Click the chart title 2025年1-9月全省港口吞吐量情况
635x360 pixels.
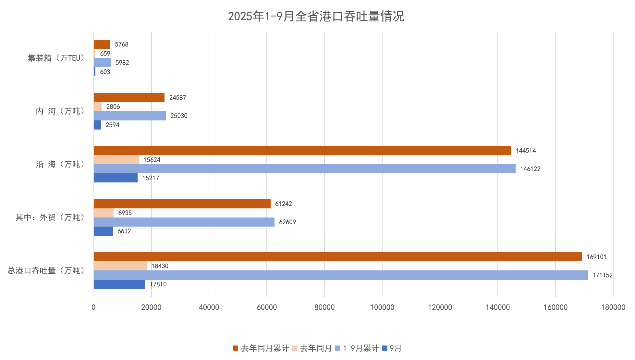tap(316, 16)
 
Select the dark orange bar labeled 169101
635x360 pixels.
tap(337, 257)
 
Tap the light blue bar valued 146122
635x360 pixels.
tap(304, 169)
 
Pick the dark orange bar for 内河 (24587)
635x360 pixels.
tap(129, 97)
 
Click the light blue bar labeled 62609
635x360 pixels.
tap(184, 222)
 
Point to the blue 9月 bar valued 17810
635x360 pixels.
tap(119, 284)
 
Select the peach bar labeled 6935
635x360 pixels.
tap(104, 213)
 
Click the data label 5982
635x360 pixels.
tap(122, 63)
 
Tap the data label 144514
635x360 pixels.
tap(525, 151)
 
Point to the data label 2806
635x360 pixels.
tap(113, 106)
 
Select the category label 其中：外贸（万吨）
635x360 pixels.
tap(51, 217)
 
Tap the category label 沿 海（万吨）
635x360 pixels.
tap(61, 164)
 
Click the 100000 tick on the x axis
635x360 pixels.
tap(382, 307)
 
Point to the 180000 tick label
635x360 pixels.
tap(613, 307)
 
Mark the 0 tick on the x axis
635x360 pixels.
tap(94, 307)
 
